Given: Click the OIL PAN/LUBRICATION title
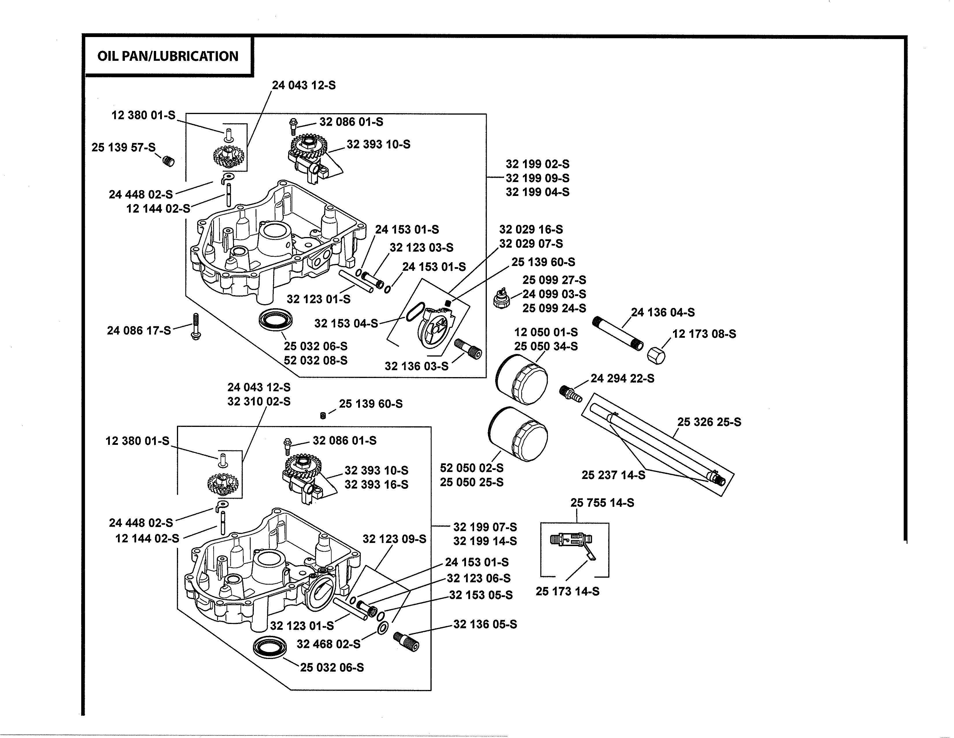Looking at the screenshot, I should [x=168, y=56].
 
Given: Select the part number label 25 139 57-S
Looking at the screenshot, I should [x=124, y=147].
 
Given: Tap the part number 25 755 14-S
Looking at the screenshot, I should [x=602, y=503].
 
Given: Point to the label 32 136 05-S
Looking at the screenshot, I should [x=485, y=624].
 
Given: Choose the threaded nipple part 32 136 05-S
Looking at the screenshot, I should [x=406, y=641].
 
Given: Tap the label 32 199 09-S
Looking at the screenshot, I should [x=537, y=178].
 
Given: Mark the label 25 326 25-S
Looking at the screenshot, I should [x=709, y=422].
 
